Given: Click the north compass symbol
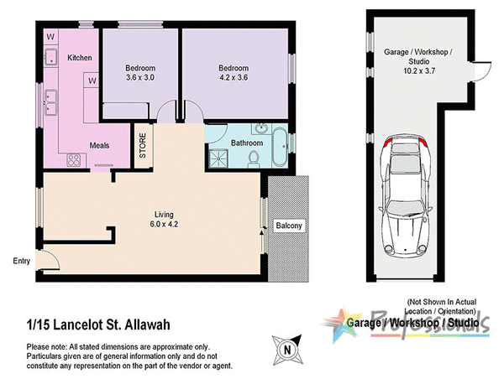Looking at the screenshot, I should (x=287, y=346).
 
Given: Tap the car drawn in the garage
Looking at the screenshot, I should (x=407, y=196).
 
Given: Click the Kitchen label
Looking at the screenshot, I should (x=79, y=58).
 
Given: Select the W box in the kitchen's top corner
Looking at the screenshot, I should (x=51, y=37).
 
